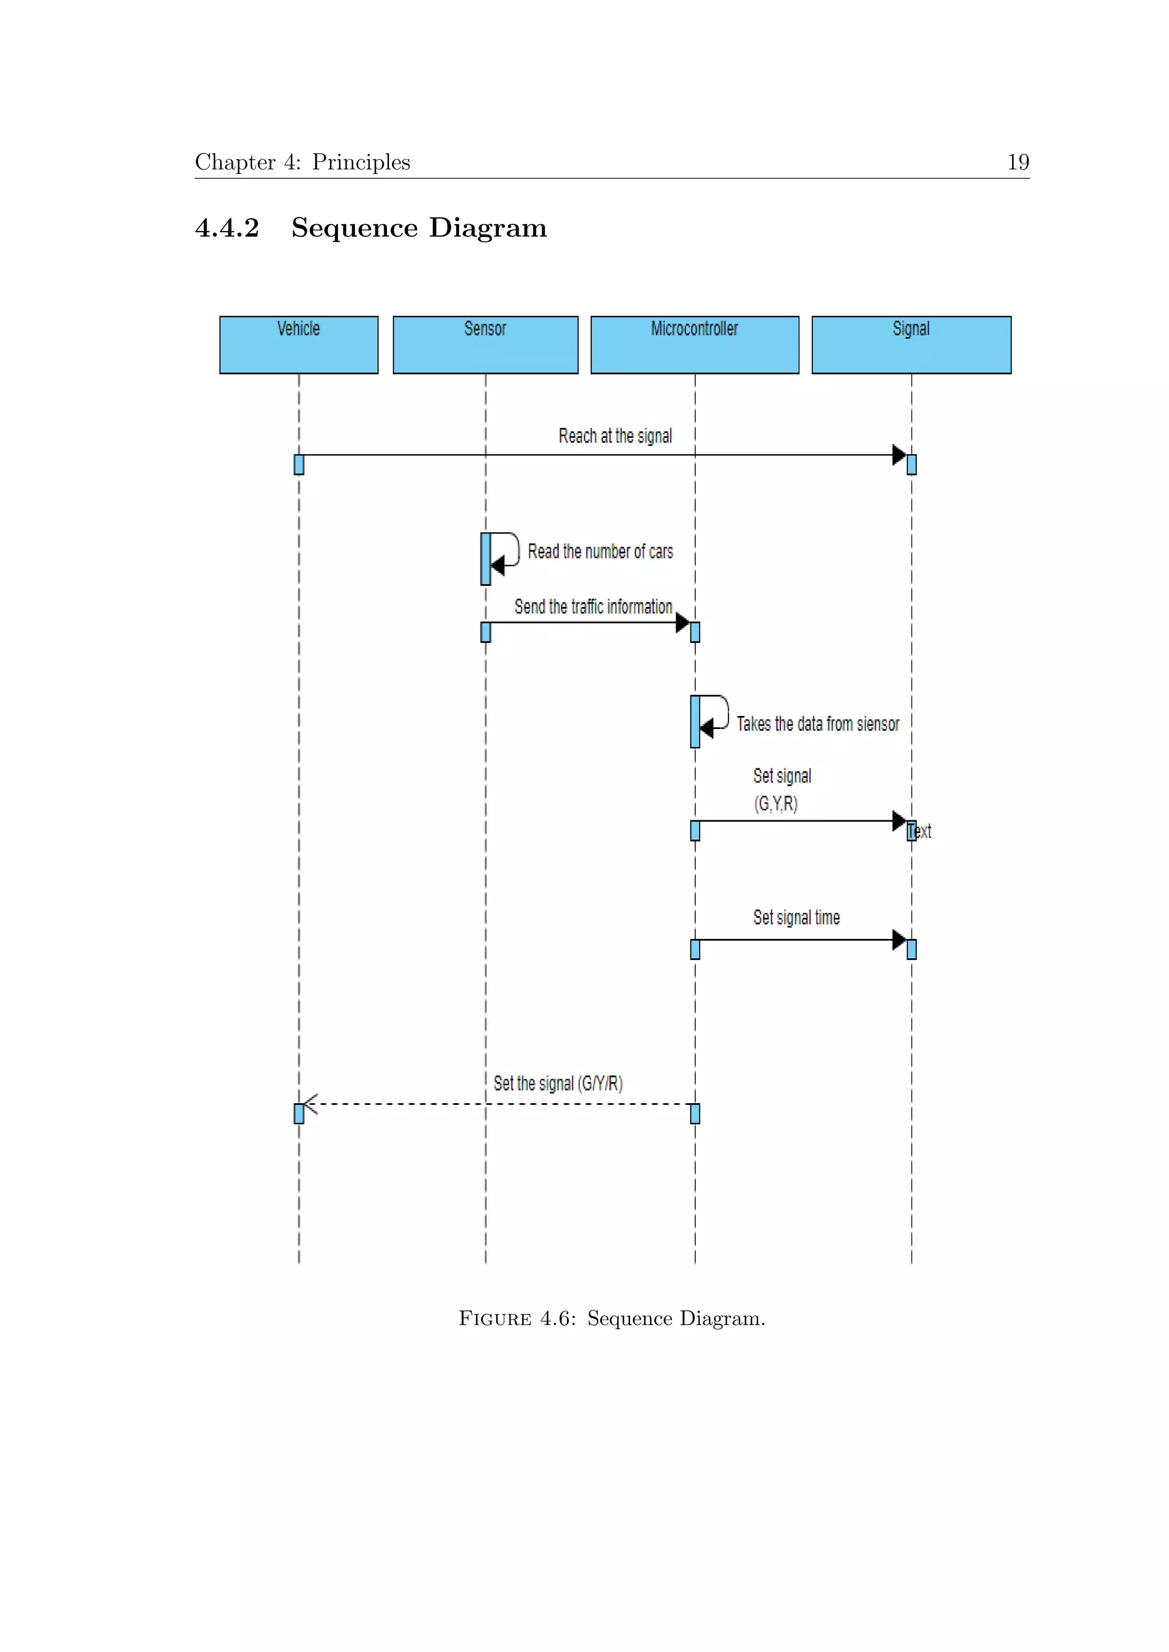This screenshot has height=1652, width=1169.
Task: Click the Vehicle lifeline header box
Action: (x=299, y=345)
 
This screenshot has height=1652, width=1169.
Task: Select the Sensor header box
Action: (x=485, y=345)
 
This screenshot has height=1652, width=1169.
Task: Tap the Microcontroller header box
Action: (x=695, y=345)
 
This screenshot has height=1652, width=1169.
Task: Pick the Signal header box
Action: (x=912, y=345)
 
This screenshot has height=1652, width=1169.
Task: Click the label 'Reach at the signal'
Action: (x=615, y=436)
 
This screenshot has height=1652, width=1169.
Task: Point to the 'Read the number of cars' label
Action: (x=600, y=552)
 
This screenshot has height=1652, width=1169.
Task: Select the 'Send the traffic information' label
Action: (x=593, y=606)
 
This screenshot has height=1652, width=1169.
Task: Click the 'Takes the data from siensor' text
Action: (x=818, y=724)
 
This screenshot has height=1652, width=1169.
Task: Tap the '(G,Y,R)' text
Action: (x=776, y=804)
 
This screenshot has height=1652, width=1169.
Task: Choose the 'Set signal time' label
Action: (x=796, y=917)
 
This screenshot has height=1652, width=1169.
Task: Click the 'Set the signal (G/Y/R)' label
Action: (x=558, y=1084)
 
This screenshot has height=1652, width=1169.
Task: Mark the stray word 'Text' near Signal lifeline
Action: (x=921, y=832)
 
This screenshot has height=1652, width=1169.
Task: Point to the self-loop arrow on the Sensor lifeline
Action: (x=506, y=550)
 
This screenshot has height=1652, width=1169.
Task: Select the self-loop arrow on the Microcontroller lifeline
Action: (x=716, y=713)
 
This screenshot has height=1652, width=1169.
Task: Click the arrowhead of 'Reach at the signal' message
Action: (x=898, y=455)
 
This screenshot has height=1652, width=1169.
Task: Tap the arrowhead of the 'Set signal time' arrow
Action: (x=898, y=940)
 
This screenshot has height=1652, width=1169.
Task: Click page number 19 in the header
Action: (x=1018, y=162)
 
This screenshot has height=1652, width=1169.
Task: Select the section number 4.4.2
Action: (x=227, y=228)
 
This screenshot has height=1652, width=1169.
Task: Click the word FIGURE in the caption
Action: (x=495, y=1319)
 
